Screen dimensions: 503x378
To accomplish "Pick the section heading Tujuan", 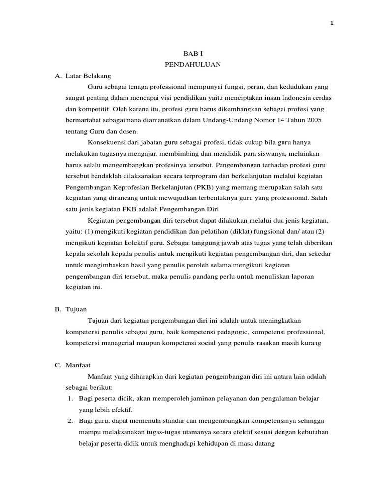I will coord(76,309).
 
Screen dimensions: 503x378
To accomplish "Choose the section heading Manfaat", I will coord(79,365).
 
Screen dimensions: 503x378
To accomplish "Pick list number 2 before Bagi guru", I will coord(71,421).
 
